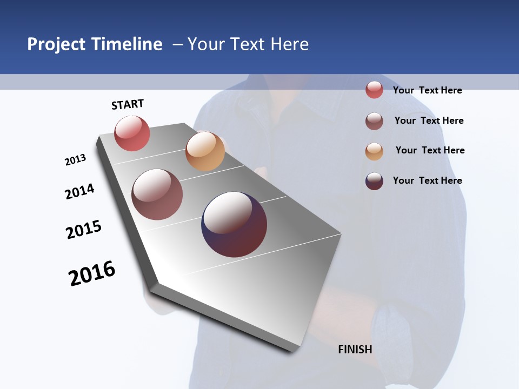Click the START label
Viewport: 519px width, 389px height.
pos(128,104)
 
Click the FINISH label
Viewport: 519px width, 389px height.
pos(355,350)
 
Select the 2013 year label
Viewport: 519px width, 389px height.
pos(75,160)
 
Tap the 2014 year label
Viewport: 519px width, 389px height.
pos(79,191)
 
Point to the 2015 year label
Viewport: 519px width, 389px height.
pos(84,229)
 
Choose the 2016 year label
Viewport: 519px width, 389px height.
pos(92,273)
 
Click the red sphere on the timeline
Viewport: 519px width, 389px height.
pos(132,133)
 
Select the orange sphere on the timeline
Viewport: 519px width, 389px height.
pos(205,151)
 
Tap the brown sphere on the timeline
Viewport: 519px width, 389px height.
pos(157,194)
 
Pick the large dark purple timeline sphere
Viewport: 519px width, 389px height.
pos(234,224)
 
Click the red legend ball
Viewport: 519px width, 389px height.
pos(374,90)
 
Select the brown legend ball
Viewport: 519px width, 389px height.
pos(374,121)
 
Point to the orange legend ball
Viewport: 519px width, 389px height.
pos(374,151)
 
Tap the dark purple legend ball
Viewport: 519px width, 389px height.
pos(374,181)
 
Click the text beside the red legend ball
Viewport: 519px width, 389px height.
pos(427,90)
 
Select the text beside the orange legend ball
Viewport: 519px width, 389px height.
pos(430,150)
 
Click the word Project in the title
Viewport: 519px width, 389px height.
pos(56,44)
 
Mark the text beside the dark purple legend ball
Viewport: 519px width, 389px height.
pos(427,180)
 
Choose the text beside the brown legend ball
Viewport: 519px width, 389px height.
pos(429,120)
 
